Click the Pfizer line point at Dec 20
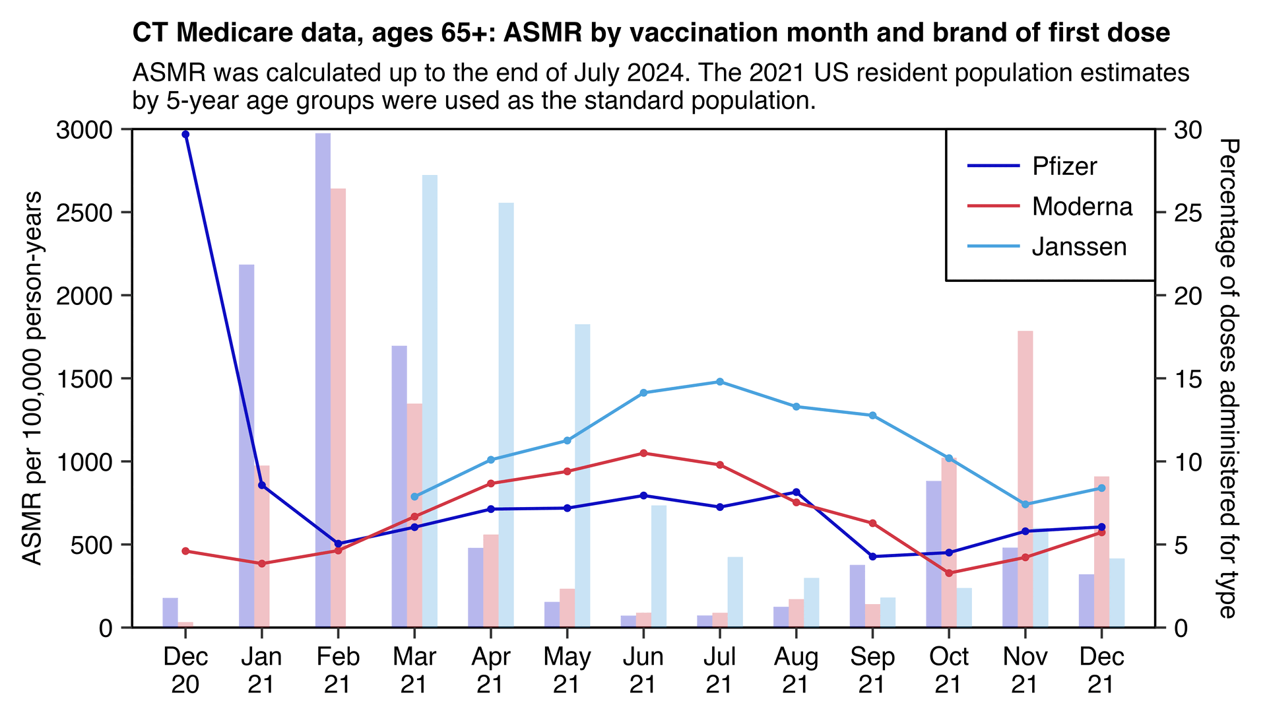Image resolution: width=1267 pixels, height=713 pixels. tap(185, 135)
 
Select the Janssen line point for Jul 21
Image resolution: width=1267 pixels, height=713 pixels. tap(720, 382)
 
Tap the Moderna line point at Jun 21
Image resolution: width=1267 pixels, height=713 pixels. tap(643, 453)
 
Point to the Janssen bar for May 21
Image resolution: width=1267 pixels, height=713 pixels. tap(582, 475)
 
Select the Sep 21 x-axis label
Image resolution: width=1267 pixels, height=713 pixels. tap(872, 670)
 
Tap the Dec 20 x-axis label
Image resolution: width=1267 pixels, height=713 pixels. tap(185, 670)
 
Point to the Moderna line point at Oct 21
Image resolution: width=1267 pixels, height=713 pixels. tap(949, 573)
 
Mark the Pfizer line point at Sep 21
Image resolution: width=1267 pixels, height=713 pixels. tap(872, 557)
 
